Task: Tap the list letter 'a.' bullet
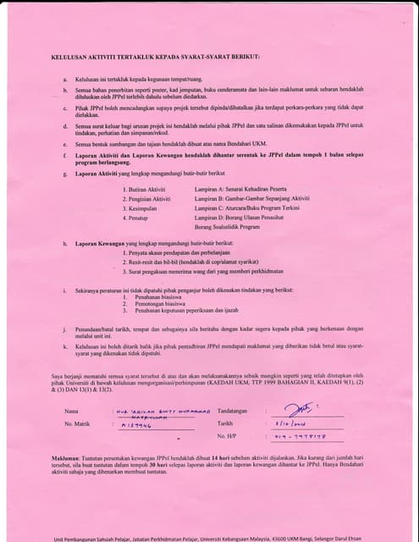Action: [66, 78]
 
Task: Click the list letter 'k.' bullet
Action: [66, 346]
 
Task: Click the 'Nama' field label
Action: [72, 412]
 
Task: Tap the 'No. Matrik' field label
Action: [77, 423]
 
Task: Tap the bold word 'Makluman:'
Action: [67, 455]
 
